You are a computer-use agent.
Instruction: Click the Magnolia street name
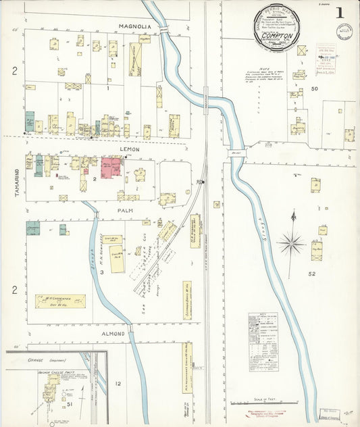click(134, 27)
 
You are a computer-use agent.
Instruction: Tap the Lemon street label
click(130, 149)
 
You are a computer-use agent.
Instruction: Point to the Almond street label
click(113, 334)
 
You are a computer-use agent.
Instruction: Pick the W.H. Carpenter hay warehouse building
click(60, 301)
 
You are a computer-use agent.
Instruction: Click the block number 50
click(314, 89)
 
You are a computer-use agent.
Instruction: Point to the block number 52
click(312, 274)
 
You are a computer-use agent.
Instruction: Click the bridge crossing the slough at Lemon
click(236, 152)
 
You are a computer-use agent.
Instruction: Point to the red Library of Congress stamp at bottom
click(270, 416)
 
